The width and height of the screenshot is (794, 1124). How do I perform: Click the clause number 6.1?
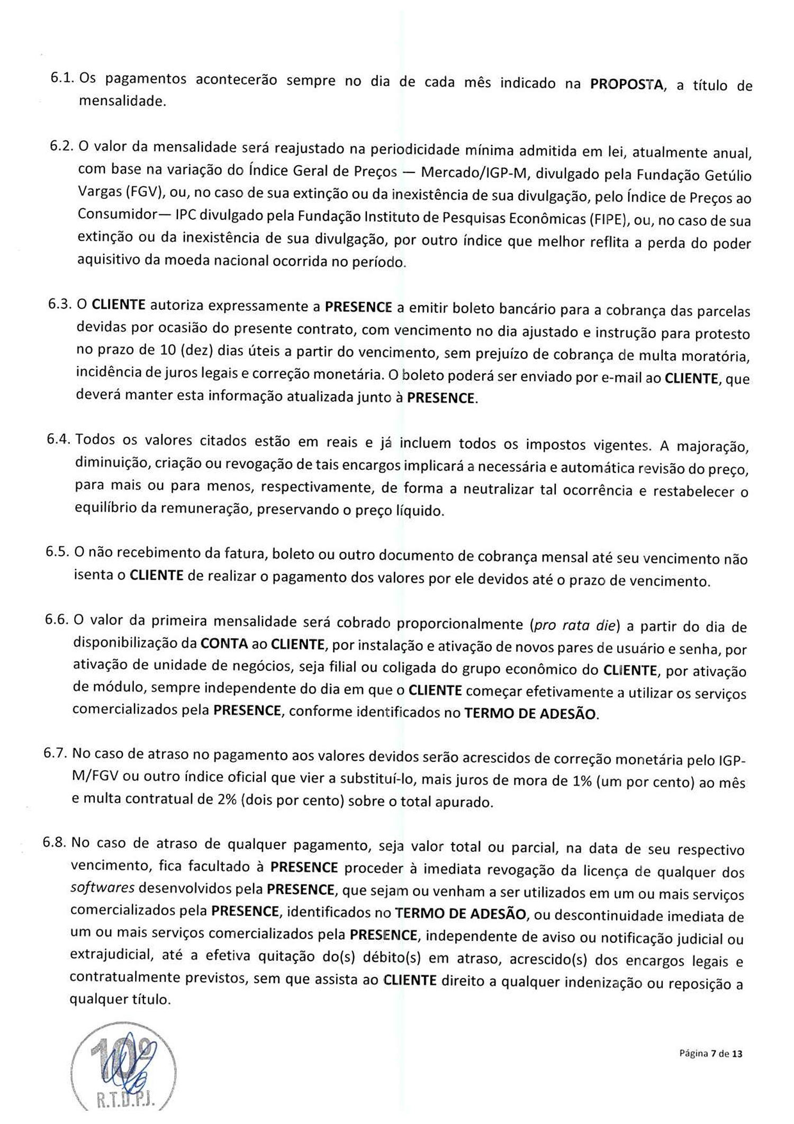coord(63,77)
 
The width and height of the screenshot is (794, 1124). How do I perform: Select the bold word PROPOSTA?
coord(626,84)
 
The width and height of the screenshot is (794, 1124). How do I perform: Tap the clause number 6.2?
coord(62,146)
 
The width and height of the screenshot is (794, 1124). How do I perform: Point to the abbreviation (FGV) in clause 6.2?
coord(143,193)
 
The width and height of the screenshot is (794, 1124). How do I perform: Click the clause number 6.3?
coord(61,304)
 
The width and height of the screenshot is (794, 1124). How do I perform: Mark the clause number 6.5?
coord(58,551)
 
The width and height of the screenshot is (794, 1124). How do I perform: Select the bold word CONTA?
coord(224,644)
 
